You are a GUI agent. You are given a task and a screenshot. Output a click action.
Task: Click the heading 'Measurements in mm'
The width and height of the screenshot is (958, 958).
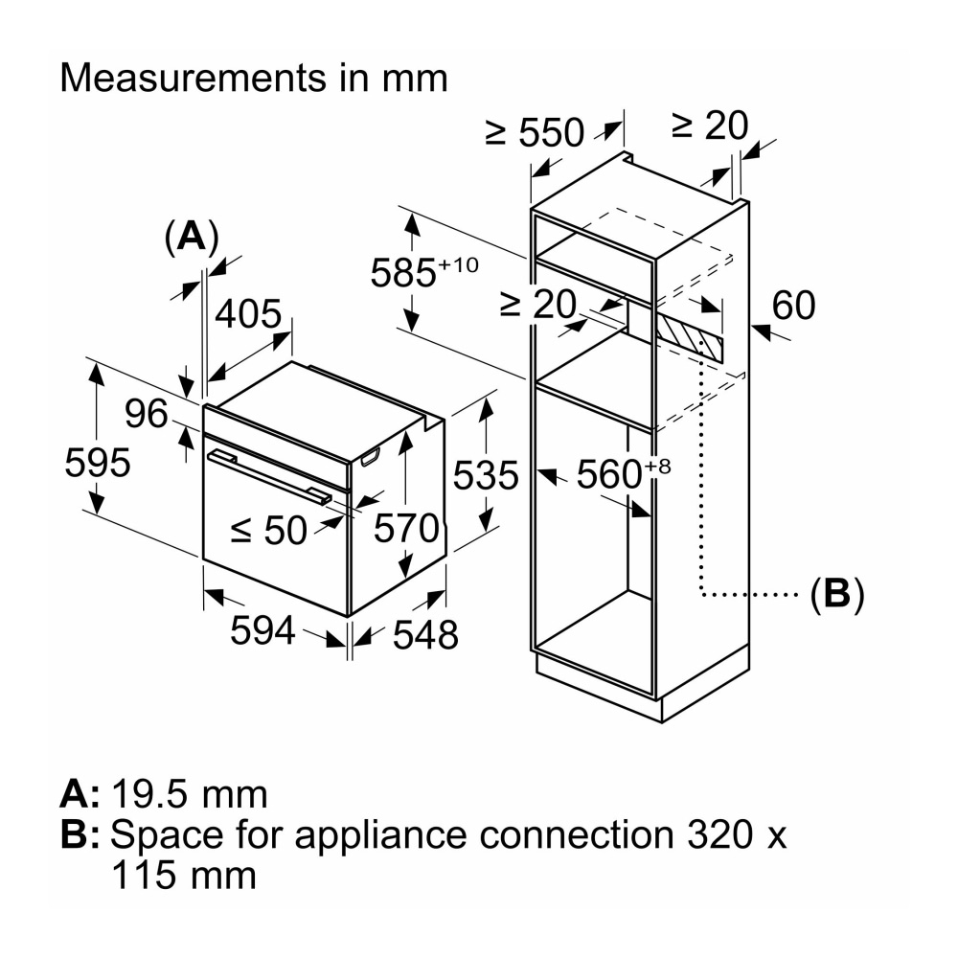(x=254, y=78)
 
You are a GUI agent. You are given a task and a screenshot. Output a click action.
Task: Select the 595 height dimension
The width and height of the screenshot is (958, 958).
(x=98, y=463)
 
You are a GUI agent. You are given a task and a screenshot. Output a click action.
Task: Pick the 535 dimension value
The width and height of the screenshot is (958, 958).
(x=485, y=475)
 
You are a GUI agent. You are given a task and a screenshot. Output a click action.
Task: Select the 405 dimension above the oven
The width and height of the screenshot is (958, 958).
(x=248, y=313)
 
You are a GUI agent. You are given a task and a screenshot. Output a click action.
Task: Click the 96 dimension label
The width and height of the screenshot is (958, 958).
(x=146, y=414)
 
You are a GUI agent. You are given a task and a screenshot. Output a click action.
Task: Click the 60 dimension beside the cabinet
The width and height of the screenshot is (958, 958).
(x=793, y=306)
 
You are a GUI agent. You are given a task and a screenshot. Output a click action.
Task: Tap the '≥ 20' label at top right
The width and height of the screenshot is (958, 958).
(x=709, y=124)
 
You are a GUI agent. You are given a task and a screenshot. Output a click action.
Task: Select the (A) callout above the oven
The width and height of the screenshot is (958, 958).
(x=191, y=235)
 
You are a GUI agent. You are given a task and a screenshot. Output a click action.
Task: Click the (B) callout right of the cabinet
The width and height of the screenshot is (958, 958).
(x=837, y=594)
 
